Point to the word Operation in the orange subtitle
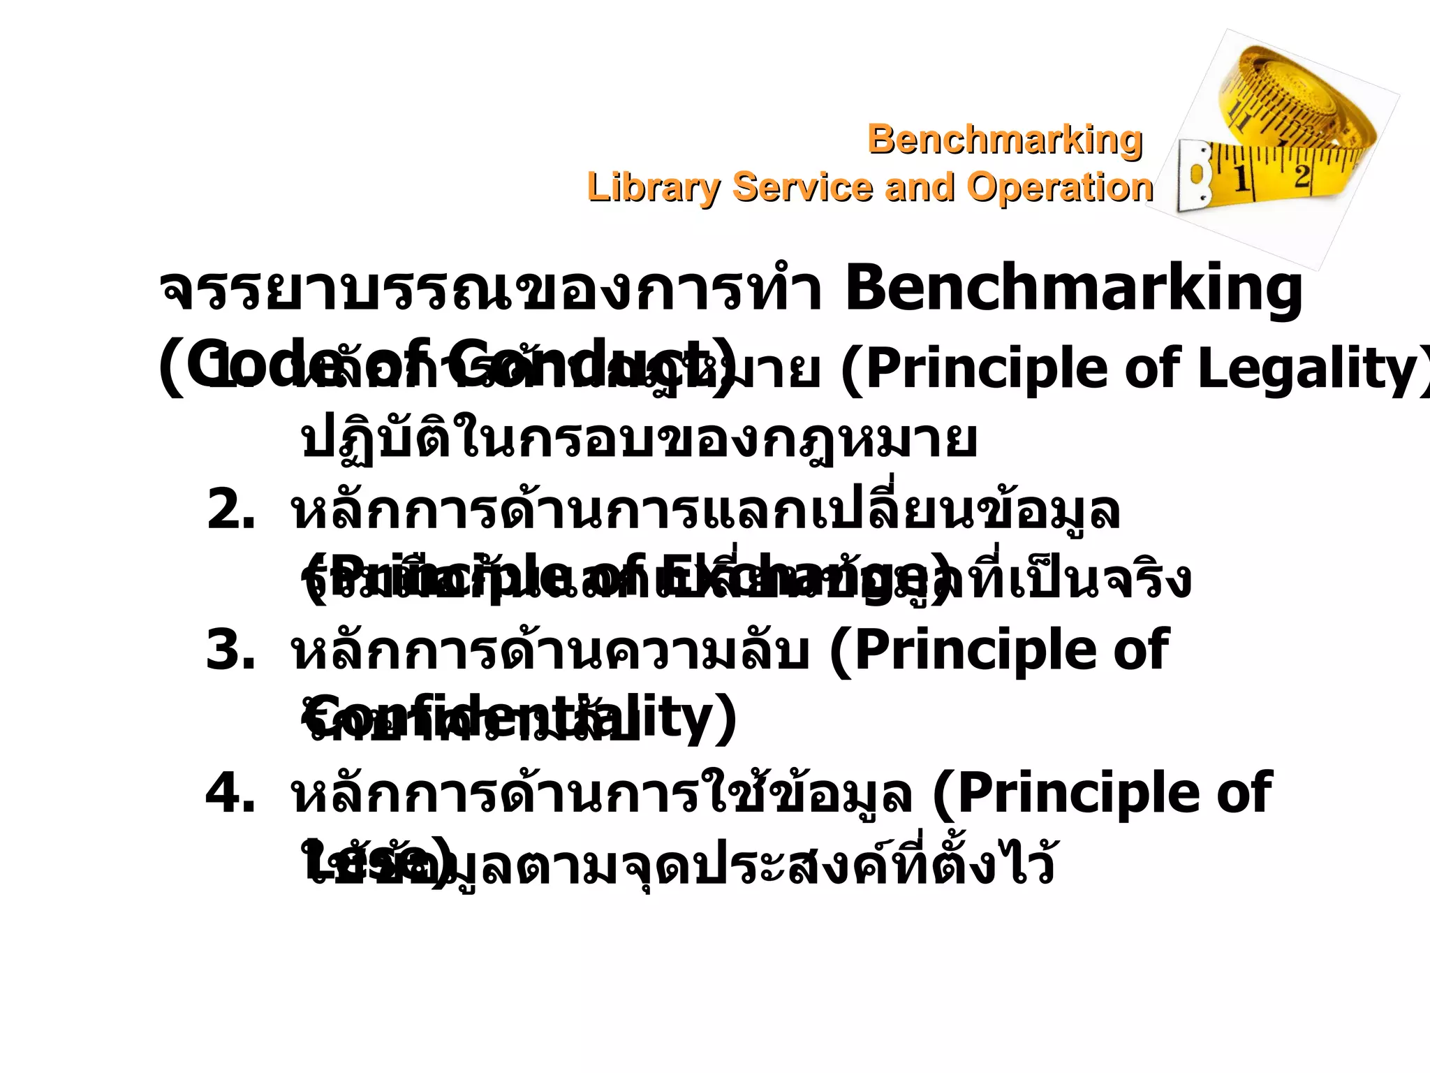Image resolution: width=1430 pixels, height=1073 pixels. click(1059, 187)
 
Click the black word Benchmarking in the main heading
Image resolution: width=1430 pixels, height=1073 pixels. click(1073, 289)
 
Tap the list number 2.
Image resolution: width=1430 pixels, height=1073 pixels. click(231, 511)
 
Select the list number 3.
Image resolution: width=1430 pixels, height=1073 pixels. click(231, 650)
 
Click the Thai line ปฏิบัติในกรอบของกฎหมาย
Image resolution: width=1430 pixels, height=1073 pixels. click(639, 440)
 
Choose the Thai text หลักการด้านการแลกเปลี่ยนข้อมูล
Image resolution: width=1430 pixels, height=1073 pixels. click(705, 511)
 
